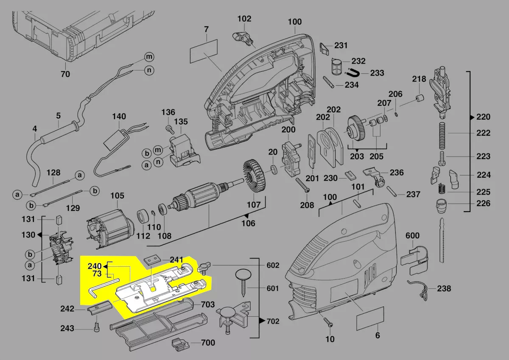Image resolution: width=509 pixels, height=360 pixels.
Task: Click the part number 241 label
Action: click(176, 260)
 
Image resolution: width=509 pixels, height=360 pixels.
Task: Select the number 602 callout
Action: click(273, 265)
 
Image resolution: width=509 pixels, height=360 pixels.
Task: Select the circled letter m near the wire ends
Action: click(148, 56)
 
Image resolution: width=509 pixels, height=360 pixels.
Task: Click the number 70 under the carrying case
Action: click(65, 74)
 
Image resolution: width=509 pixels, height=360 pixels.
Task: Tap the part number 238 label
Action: click(444, 289)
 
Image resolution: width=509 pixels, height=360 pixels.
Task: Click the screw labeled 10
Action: click(328, 322)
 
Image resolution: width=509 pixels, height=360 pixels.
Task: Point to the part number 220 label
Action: click(483, 117)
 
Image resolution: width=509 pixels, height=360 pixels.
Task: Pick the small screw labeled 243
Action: click(96, 327)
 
